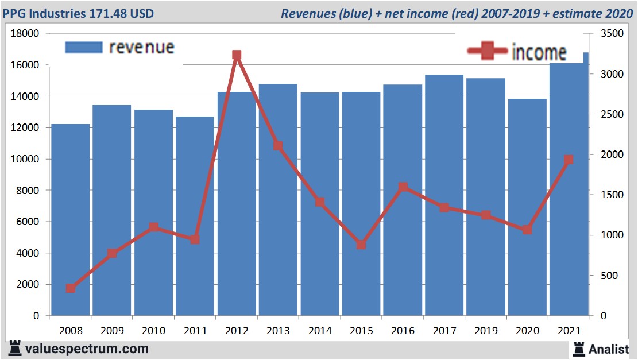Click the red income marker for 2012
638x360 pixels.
click(x=237, y=55)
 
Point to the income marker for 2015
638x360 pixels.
click(x=361, y=245)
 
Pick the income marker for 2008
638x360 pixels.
click(x=70, y=288)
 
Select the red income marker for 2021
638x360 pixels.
click(x=569, y=160)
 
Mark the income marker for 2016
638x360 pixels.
click(x=403, y=187)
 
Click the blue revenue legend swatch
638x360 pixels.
click(x=84, y=47)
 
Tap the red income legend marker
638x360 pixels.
click(x=488, y=52)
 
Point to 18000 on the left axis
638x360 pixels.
click(x=25, y=33)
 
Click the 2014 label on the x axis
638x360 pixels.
click(x=319, y=331)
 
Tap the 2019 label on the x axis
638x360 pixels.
click(x=485, y=331)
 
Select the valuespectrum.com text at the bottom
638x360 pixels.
click(x=86, y=349)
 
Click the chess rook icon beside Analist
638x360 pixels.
click(x=578, y=349)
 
